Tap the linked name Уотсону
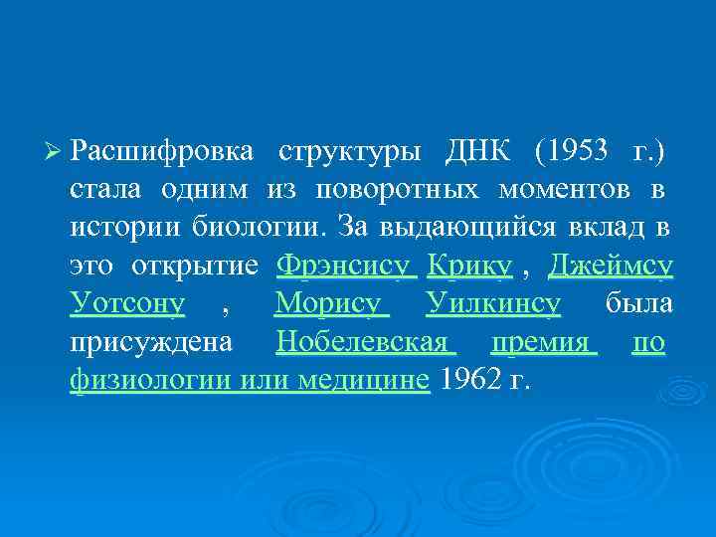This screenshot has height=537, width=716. [127, 303]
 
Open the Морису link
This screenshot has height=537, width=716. [329, 303]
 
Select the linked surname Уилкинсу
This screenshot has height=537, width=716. [493, 303]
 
